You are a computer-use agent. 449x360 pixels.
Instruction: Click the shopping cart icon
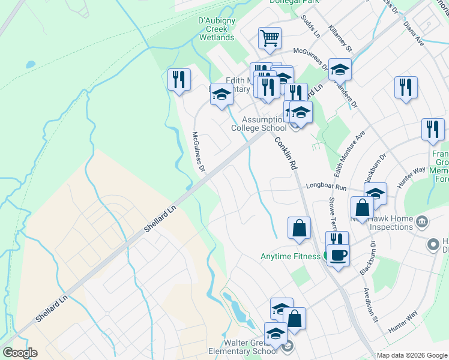coord(270,38)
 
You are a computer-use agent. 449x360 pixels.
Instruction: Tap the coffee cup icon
coord(338,255)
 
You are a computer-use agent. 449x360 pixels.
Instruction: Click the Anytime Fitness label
coord(291,256)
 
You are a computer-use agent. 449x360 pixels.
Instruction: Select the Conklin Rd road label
coord(286,154)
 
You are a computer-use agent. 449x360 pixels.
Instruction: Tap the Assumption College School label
coord(259,123)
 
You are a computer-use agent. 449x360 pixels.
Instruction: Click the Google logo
coord(20,353)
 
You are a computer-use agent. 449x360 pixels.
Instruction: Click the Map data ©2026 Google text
coord(411,355)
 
